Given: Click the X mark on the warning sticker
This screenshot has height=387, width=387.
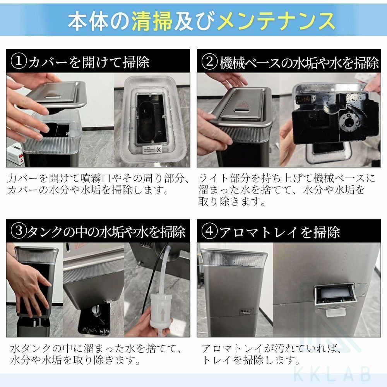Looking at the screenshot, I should pos(158,149).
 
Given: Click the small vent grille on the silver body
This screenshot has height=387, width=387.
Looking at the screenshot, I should pos(246,311).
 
